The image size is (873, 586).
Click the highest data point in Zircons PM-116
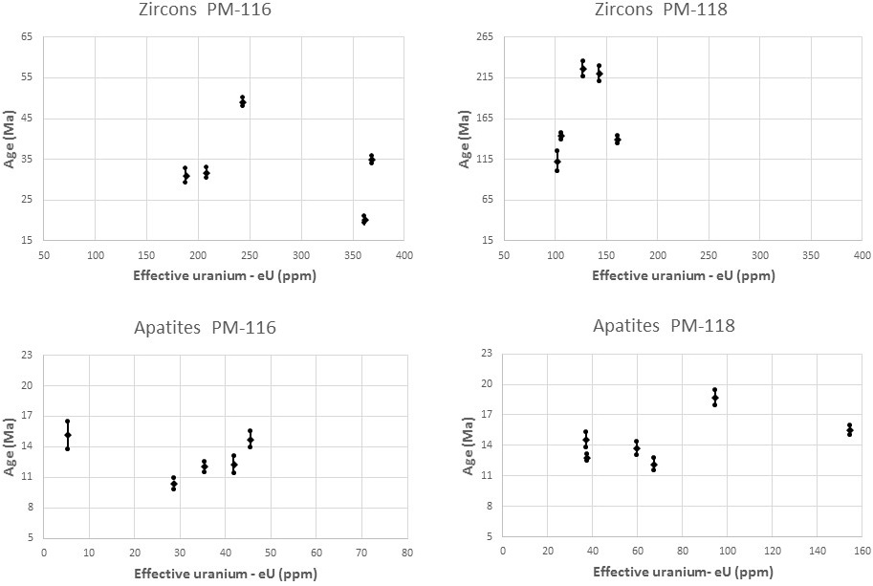click(243, 101)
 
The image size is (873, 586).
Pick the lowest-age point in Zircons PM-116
click(364, 220)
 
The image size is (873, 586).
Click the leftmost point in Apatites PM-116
click(68, 435)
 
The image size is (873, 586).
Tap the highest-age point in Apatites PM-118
click(714, 398)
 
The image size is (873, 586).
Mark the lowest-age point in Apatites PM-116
click(174, 484)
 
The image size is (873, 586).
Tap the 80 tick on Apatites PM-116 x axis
click(406, 553)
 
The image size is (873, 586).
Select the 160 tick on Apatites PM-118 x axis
click(862, 552)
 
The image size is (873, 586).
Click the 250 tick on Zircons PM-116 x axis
click(251, 255)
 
